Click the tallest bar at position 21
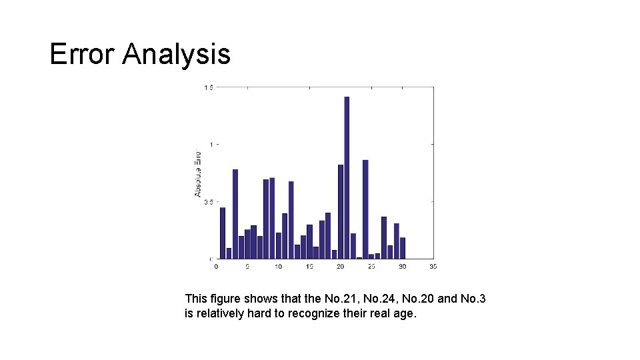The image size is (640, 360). pos(347,177)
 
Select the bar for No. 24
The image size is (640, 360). pos(365,209)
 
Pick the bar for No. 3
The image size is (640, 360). pos(235,213)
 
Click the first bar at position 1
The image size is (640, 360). pos(223,233)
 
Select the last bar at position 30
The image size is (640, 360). pos(403,248)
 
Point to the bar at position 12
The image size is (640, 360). pos(291,219)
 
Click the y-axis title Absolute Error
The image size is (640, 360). pos(198,173)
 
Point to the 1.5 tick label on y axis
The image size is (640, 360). pos(208,87)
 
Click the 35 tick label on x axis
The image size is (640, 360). pos(433,267)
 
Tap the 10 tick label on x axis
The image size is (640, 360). pos(278,267)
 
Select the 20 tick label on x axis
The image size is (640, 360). pos(341,267)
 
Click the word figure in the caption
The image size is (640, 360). pos(223,299)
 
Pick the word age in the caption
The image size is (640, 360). pos(407,313)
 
